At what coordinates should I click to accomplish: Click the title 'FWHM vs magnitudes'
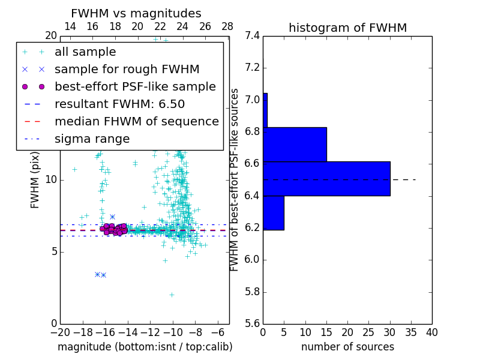tap(136, 13)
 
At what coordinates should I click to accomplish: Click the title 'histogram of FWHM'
tap(347, 28)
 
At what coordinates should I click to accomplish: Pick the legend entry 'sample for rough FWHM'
tap(127, 70)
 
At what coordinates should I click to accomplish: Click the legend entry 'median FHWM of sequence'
tap(136, 122)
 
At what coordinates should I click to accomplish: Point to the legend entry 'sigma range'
tap(92, 139)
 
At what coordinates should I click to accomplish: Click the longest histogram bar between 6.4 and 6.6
tap(326, 179)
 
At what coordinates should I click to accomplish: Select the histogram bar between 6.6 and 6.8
tap(295, 145)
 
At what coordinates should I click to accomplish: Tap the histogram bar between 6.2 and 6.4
tap(274, 213)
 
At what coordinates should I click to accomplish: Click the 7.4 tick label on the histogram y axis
tap(253, 35)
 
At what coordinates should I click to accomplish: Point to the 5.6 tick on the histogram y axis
tap(253, 324)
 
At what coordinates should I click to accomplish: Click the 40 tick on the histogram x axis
tap(432, 332)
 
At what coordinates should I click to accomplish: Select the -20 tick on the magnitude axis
tap(60, 332)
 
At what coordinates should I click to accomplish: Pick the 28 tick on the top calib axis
tap(227, 26)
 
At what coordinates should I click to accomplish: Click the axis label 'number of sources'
tap(347, 347)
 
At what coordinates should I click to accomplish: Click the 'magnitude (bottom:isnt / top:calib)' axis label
tap(145, 347)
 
